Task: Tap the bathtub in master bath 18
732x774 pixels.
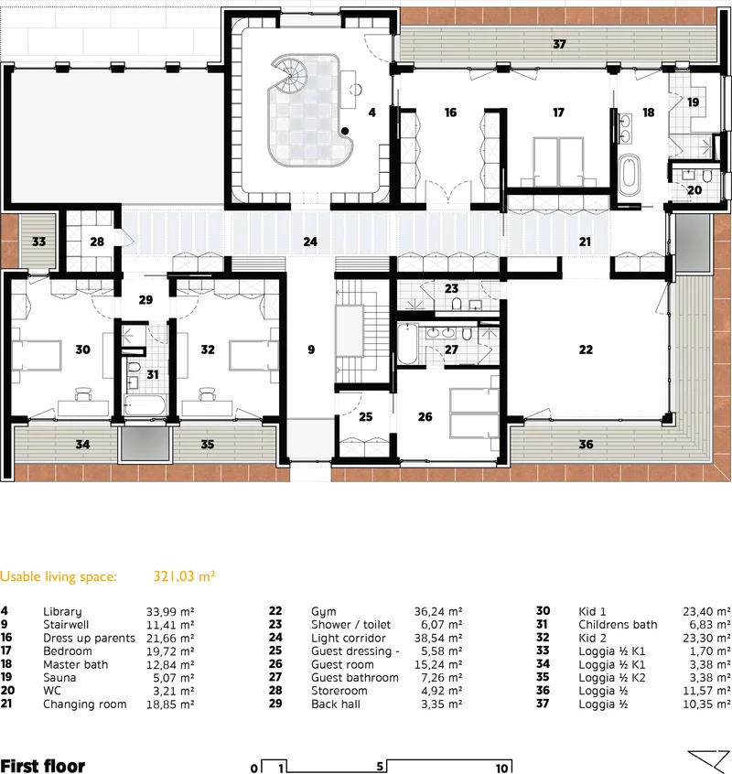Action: [x=629, y=176]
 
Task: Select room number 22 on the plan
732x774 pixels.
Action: [x=586, y=349]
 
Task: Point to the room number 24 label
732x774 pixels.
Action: [x=310, y=242]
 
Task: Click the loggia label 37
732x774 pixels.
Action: [x=559, y=45]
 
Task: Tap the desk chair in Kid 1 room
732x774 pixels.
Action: [x=83, y=394]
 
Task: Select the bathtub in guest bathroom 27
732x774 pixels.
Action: [x=408, y=344]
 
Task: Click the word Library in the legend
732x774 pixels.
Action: [x=62, y=612]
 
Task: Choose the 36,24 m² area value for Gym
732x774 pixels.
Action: [x=437, y=611]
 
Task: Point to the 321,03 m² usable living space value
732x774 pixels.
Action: [x=184, y=576]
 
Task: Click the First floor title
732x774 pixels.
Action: [x=43, y=766]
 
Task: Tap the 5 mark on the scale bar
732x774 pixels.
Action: [x=380, y=766]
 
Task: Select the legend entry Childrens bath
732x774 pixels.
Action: [x=618, y=625]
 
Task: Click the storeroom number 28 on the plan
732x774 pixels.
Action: [x=97, y=242]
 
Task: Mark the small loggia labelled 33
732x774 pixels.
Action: [x=38, y=242]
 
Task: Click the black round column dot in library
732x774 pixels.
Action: [x=345, y=131]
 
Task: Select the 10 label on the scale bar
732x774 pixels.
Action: [x=501, y=769]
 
